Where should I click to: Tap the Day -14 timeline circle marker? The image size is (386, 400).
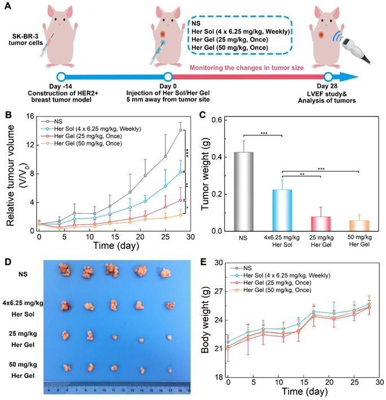tap(61, 77)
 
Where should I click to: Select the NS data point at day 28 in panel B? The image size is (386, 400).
tap(181, 130)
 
